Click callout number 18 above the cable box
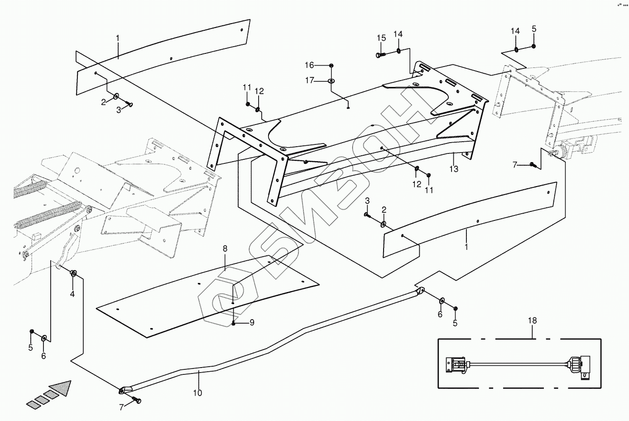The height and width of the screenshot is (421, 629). (532, 321)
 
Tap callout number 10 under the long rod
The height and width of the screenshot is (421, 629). (197, 393)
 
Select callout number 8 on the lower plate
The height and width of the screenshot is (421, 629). (225, 249)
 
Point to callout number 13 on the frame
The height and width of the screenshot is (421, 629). (454, 169)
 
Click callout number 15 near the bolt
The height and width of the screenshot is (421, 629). (381, 38)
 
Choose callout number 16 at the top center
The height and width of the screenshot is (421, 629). (321, 65)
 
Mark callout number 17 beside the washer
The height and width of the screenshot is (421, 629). (322, 81)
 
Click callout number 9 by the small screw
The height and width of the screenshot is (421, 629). (252, 323)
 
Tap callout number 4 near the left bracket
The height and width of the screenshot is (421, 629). (72, 294)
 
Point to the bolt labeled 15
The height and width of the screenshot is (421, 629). (380, 55)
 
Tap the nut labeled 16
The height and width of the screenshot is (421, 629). (332, 66)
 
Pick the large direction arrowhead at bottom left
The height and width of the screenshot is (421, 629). (62, 388)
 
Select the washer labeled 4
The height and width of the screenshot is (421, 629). (73, 273)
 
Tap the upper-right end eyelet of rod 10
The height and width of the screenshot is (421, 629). (421, 290)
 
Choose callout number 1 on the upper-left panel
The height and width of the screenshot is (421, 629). (117, 38)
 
